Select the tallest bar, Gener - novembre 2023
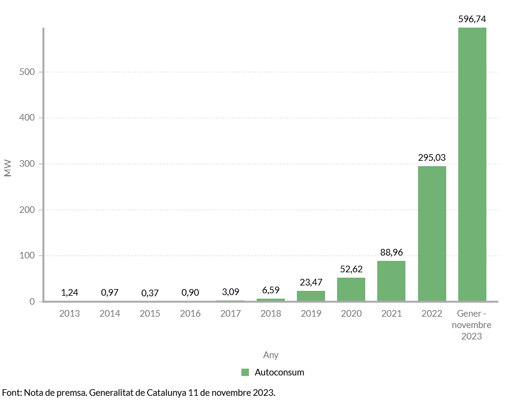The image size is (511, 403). pos(472,165)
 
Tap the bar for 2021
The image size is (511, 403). pos(391,281)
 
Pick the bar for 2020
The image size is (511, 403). pos(351,290)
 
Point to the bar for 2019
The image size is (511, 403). pos(311,296)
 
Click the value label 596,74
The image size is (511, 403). pos(472,19)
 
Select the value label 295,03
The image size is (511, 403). pos(432,158)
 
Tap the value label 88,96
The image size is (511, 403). pos(391,252)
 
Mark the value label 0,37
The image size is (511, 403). pos(150,293)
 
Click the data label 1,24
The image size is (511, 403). pos(70,292)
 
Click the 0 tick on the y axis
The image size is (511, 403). pos(33,302)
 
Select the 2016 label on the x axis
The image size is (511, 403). pos(190,314)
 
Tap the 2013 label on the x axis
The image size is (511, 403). pos(70,314)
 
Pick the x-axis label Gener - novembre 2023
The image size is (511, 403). pos(472,325)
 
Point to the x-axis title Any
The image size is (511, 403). pos(270,354)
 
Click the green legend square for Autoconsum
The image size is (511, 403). pos(245,372)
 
